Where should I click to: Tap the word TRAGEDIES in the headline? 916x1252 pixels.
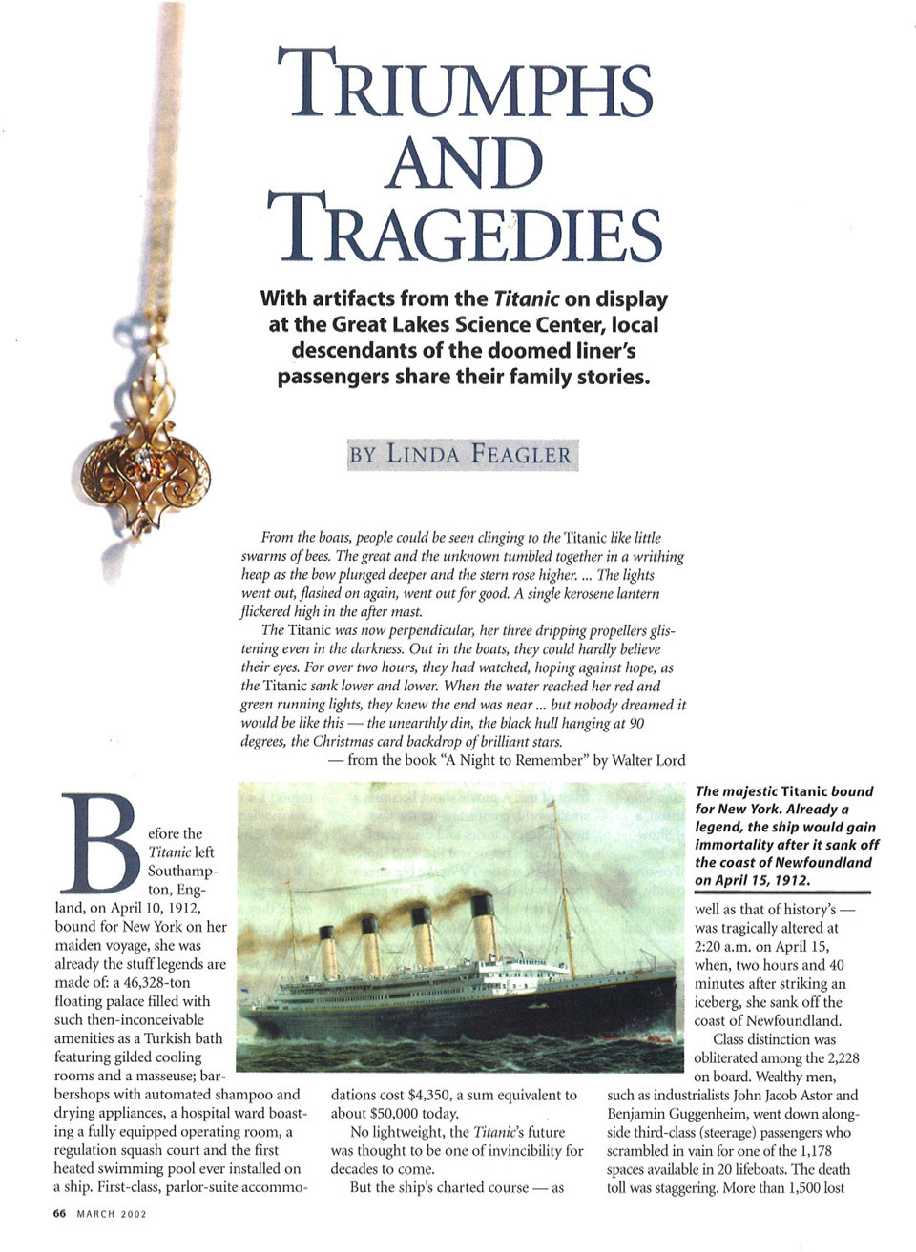[x=464, y=228]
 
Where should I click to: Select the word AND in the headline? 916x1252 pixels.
[x=465, y=161]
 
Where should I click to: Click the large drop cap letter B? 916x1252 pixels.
[x=99, y=840]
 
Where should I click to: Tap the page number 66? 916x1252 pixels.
[x=59, y=1214]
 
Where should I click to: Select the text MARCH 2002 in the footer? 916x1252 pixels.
[x=112, y=1214]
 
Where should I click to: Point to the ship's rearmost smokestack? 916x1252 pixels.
[x=328, y=951]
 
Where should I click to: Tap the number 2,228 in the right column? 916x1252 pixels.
[x=840, y=1058]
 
